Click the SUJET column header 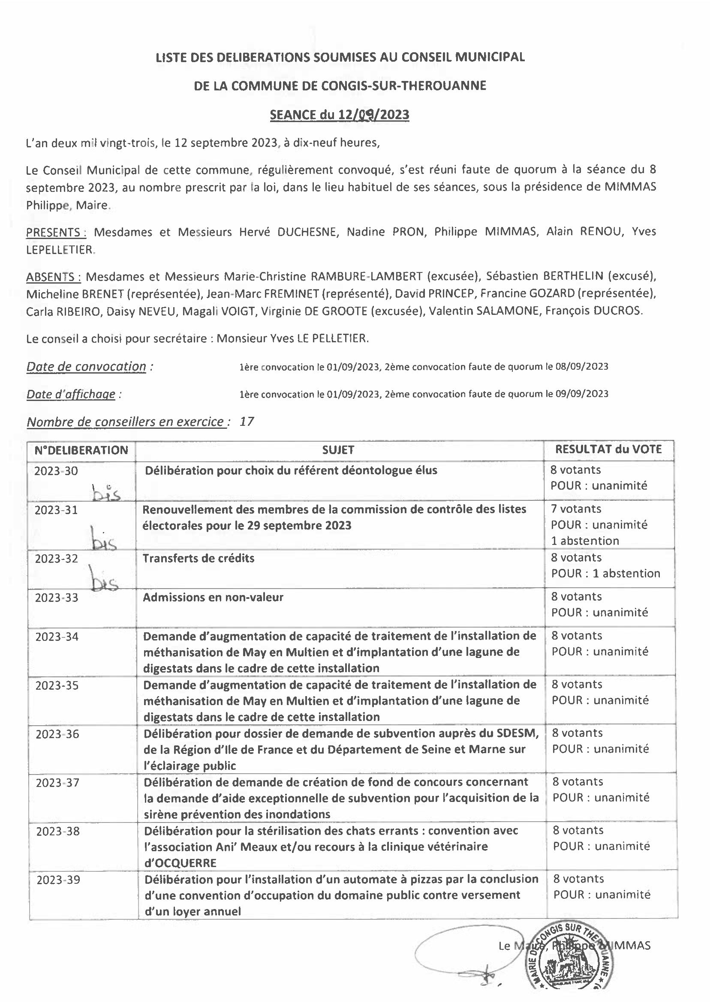pyautogui.click(x=338, y=450)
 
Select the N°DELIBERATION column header pyautogui.click(x=81, y=450)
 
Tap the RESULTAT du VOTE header pyautogui.click(x=608, y=449)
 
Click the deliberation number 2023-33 pyautogui.click(x=57, y=598)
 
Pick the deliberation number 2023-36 pyautogui.click(x=57, y=734)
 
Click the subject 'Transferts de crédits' pyautogui.click(x=199, y=558)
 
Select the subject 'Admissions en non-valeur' pyautogui.click(x=213, y=597)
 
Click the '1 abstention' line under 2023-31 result pyautogui.click(x=585, y=541)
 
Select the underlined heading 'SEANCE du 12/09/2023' pyautogui.click(x=340, y=114)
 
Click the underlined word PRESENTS pyautogui.click(x=56, y=232)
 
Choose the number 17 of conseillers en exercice pyautogui.click(x=247, y=422)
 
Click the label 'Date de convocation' pyautogui.click(x=86, y=366)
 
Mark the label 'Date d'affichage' pyautogui.click(x=71, y=394)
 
